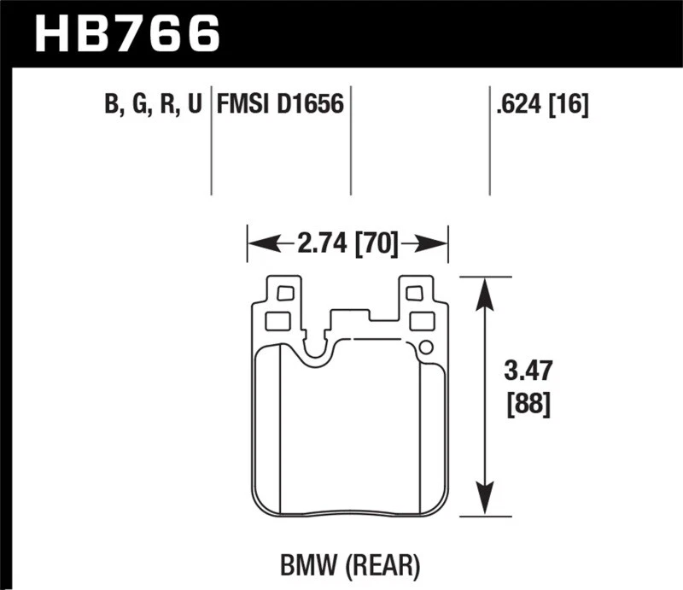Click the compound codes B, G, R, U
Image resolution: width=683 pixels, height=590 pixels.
click(153, 106)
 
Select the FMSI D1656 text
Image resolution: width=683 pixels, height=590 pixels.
click(279, 106)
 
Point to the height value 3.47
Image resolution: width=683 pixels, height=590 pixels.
click(528, 372)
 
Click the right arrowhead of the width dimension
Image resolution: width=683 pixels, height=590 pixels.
click(437, 245)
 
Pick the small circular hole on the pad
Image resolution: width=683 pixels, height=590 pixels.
click(425, 347)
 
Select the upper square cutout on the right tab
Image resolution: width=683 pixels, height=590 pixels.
click(413, 294)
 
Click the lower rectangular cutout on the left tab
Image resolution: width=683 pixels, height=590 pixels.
click(278, 321)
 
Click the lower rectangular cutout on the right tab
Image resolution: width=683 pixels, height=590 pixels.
click(422, 321)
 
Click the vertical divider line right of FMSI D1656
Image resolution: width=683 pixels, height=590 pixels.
click(351, 141)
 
